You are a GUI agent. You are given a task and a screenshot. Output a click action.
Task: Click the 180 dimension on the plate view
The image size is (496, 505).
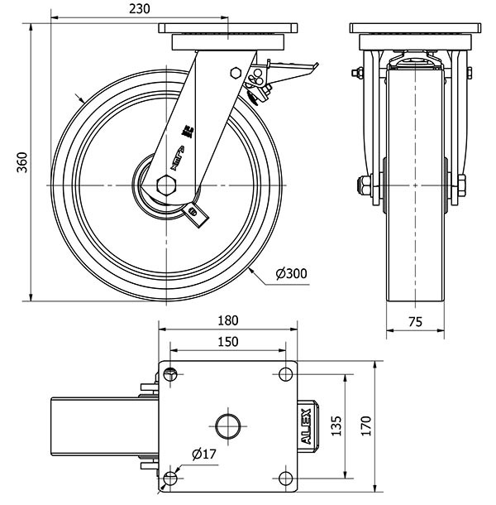(x=228, y=320)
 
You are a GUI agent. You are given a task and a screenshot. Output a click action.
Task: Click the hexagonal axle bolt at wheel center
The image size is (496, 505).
(x=165, y=184)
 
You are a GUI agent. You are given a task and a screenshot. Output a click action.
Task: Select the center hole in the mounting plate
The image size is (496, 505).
(x=227, y=426)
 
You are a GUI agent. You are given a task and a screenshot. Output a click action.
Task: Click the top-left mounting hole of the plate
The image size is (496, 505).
(x=171, y=373)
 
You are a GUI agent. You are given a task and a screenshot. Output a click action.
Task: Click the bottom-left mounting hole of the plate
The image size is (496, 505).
(x=171, y=479)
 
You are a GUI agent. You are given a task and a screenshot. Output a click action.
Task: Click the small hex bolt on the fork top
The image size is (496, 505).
(x=235, y=72)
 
